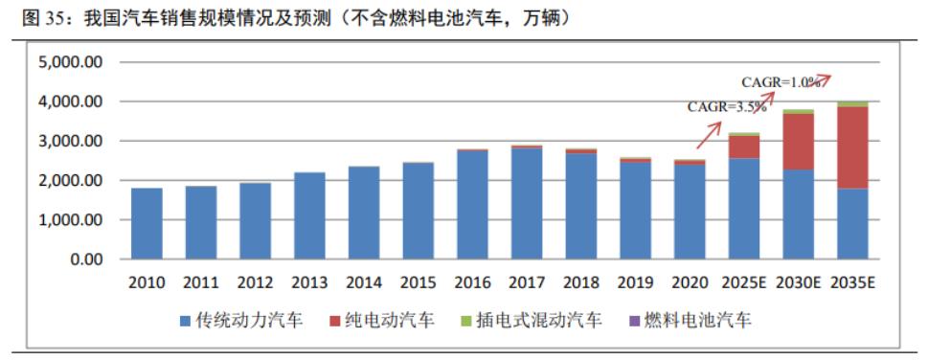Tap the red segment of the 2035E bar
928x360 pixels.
point(853,147)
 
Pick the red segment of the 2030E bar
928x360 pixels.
point(799,142)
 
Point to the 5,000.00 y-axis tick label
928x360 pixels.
point(70,62)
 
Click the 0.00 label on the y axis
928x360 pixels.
point(84,259)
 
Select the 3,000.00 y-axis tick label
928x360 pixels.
point(70,141)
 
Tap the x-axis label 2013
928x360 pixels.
point(309,283)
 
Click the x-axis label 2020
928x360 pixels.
point(690,283)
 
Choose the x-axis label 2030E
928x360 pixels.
point(799,283)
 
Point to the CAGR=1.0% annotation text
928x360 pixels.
point(781,82)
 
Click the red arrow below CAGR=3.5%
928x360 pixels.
point(709,134)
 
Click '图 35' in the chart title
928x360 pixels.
point(33,17)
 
